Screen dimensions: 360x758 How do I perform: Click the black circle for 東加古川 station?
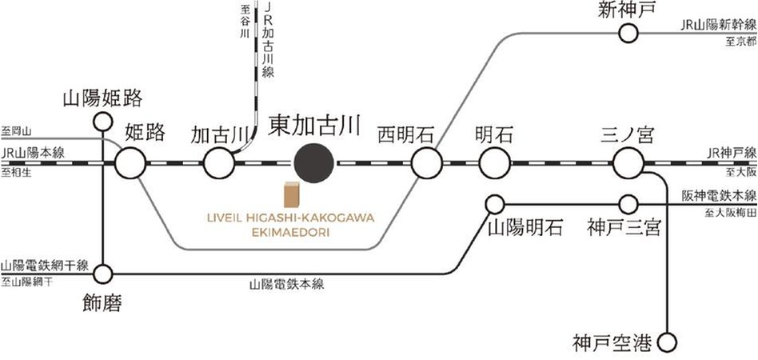pos(313,164)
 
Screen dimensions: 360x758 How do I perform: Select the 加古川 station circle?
pos(217,164)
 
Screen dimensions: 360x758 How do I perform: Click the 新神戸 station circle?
pos(629,33)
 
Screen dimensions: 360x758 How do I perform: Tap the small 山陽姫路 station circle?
pos(102,122)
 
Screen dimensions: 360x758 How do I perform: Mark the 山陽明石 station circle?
pos(496,204)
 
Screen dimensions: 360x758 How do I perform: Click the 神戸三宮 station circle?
pos(628,204)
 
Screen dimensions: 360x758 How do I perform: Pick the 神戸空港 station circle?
pos(666,343)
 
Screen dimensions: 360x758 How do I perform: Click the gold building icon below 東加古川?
pos(291,196)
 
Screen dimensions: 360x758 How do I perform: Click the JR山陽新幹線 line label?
pos(718,26)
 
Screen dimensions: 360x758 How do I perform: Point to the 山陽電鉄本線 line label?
pos(287,284)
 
